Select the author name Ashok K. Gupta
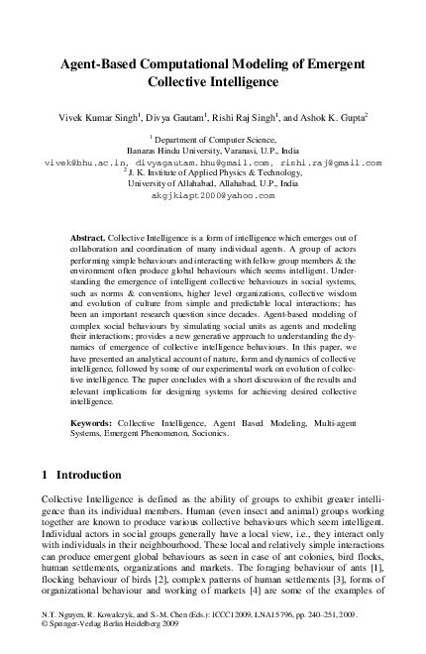(x=305, y=116)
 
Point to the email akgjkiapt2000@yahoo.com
(x=212, y=195)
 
